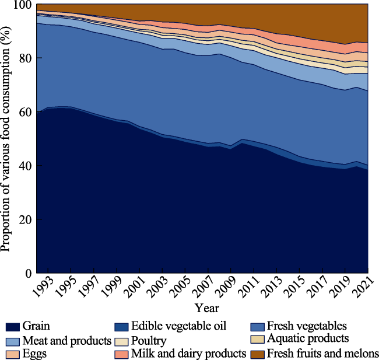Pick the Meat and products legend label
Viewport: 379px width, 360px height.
[x=66, y=340]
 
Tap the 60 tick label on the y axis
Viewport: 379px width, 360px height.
[x=25, y=113]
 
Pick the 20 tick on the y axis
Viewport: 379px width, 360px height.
[x=25, y=220]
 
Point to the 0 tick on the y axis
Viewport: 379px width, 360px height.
[x=27, y=273]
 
